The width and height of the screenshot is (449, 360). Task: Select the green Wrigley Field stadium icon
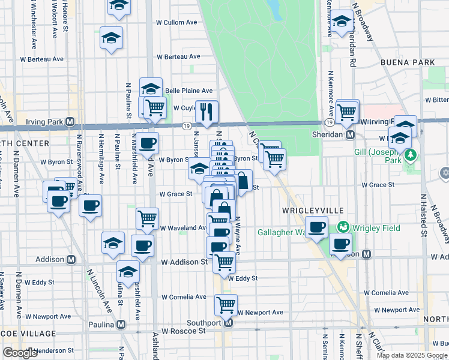(x=343, y=227)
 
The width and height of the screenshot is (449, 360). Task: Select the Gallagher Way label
(x=280, y=232)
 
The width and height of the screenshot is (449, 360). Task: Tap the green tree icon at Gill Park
(x=411, y=155)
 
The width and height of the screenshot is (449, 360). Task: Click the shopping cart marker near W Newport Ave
(x=226, y=304)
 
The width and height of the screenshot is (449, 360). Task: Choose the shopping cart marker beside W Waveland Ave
(x=147, y=218)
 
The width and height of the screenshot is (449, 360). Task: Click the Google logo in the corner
(x=20, y=353)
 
